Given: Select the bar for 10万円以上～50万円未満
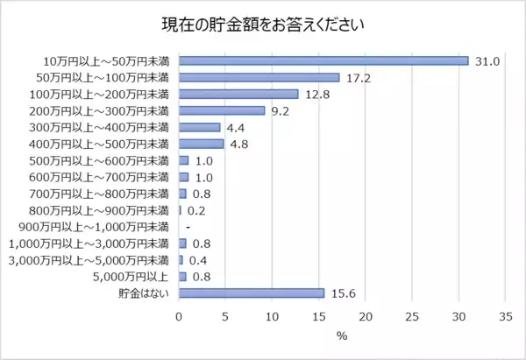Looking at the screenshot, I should tap(324, 60).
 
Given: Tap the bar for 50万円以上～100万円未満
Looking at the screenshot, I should tap(259, 77).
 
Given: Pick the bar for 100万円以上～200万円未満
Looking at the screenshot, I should tap(238, 94).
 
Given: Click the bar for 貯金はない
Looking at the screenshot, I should tap(252, 293).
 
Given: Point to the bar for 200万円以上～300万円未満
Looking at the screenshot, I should tap(222, 110).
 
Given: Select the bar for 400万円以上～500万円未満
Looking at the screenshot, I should tap(202, 144).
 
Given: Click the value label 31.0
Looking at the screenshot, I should tap(487, 61).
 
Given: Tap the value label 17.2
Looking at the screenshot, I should tap(359, 78).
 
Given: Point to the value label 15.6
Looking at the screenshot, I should tap(344, 293).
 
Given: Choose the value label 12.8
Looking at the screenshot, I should tap(317, 95).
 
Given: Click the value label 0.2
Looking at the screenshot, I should tap(196, 210).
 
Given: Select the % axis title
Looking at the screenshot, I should tap(342, 335).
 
